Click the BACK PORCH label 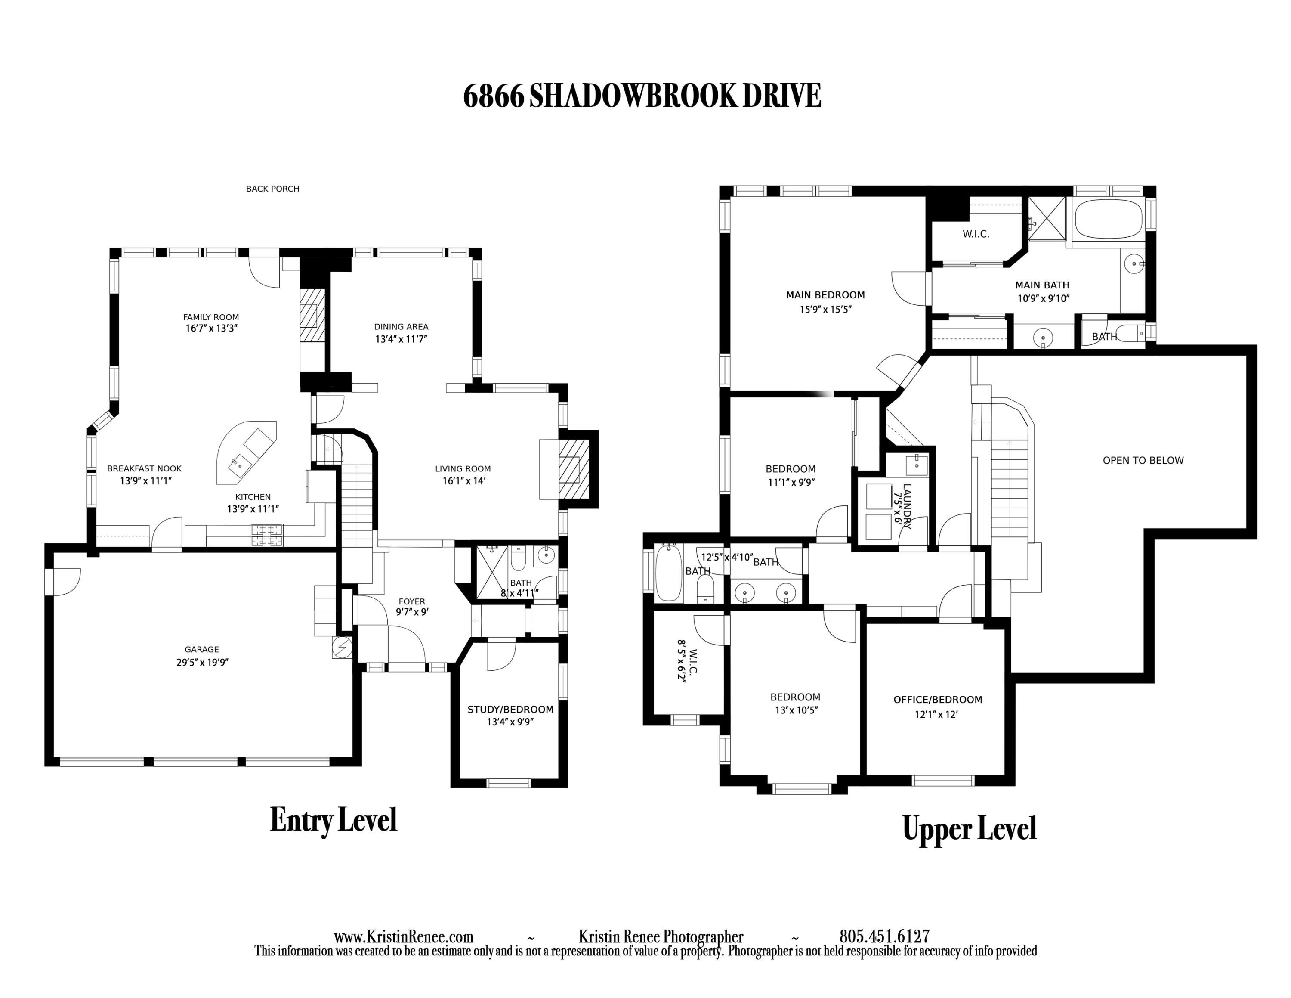[x=272, y=189]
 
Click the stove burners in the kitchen [x=267, y=536]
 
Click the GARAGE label [x=201, y=649]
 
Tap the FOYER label [x=411, y=601]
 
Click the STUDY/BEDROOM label [x=510, y=710]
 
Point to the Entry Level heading [x=334, y=821]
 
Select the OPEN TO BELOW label [x=1143, y=461]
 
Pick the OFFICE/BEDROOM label [x=938, y=700]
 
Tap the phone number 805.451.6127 [x=884, y=936]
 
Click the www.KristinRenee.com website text [x=403, y=936]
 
